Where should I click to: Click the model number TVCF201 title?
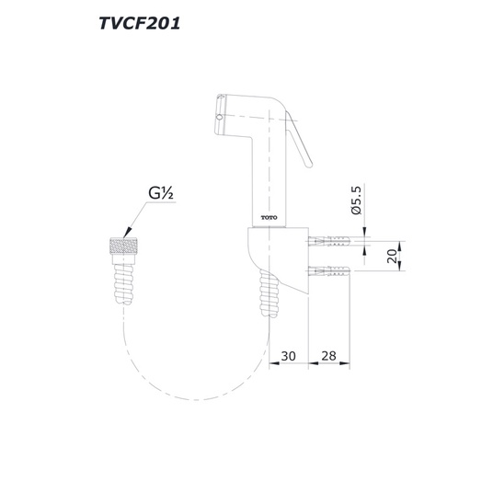[140, 23]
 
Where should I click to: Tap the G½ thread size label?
[161, 193]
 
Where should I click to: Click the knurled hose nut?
[123, 246]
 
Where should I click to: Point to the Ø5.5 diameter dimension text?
[357, 200]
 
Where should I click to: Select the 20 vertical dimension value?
[392, 256]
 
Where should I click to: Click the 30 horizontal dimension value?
[288, 356]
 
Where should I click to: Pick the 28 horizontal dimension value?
[328, 356]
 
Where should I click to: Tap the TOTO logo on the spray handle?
[269, 218]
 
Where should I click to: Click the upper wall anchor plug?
[329, 242]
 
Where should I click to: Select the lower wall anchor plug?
[329, 270]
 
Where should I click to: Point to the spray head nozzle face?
[220, 115]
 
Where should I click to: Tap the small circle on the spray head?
[219, 118]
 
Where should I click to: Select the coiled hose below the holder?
[269, 292]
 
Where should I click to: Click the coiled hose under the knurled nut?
[123, 284]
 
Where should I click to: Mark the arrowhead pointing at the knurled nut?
[128, 233]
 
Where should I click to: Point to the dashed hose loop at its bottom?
[196, 399]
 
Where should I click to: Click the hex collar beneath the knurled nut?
[123, 258]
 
